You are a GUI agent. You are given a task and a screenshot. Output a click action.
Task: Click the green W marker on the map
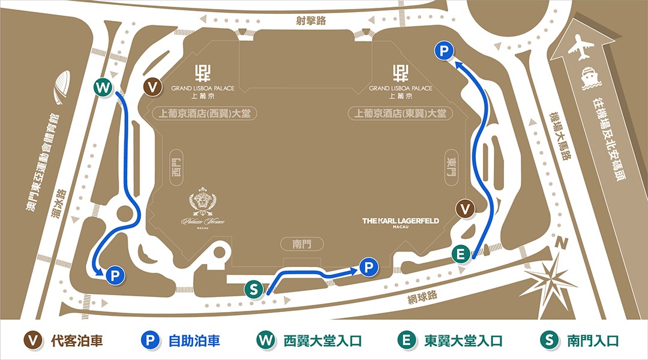[104, 88]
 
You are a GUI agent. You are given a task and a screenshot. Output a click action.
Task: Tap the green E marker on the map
[460, 254]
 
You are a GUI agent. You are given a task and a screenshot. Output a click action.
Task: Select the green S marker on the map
[254, 289]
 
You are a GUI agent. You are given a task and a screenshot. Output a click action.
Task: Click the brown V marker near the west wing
[154, 87]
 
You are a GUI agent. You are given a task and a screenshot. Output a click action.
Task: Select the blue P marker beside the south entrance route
[370, 267]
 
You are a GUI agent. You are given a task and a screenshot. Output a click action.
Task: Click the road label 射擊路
[311, 21]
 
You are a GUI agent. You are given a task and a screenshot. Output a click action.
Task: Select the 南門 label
[302, 244]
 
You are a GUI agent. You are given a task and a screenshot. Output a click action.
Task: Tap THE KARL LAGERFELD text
[400, 221]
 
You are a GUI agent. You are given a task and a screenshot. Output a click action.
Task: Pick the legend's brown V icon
[36, 341]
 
